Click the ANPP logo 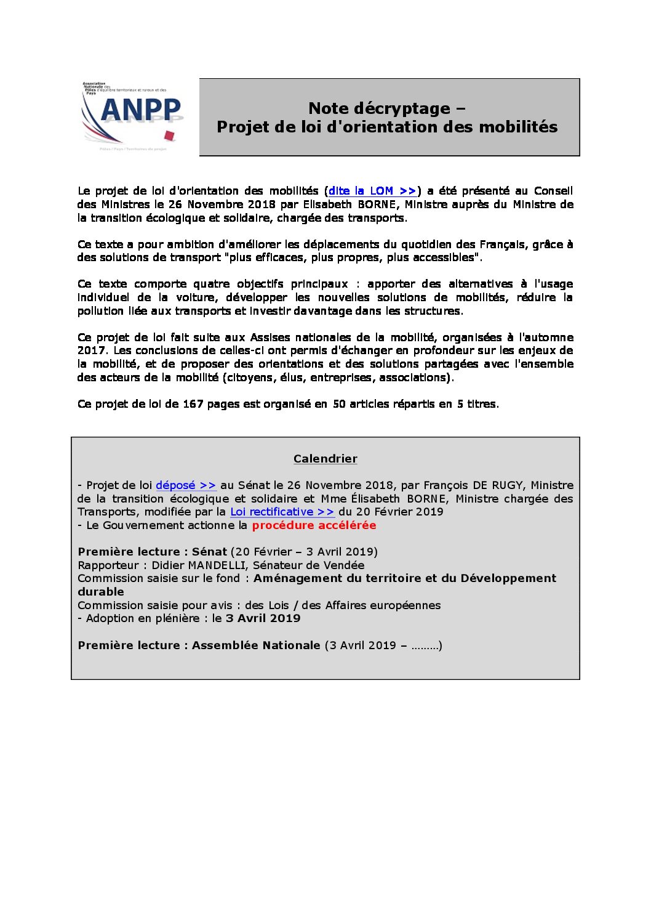(x=134, y=116)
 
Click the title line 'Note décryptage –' (x=386, y=108)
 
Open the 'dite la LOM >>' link (x=372, y=191)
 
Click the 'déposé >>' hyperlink (x=186, y=485)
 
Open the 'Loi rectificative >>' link (x=282, y=512)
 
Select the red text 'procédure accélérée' (x=314, y=525)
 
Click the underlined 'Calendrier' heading (x=325, y=459)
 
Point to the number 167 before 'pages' (x=193, y=404)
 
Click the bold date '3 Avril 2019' (x=263, y=618)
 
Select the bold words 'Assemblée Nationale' (x=256, y=645)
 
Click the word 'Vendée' (x=343, y=565)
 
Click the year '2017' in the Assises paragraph (x=91, y=350)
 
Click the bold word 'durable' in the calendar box (x=101, y=592)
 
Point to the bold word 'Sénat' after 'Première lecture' (x=209, y=552)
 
